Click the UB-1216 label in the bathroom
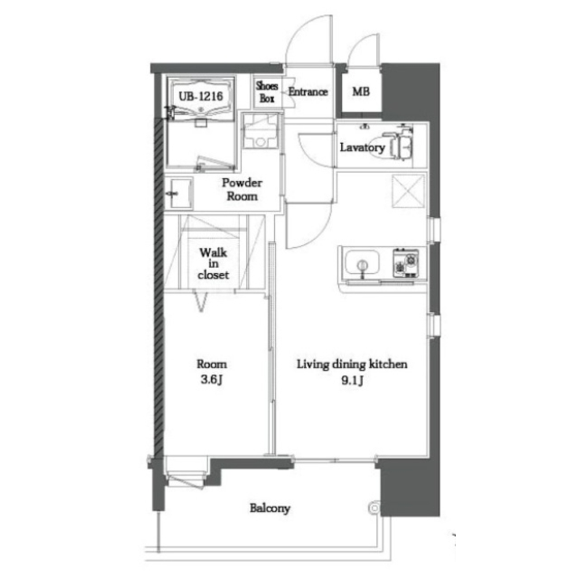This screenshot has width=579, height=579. coord(201,97)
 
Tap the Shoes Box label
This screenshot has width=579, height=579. coord(267,92)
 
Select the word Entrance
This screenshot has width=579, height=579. coord(308,91)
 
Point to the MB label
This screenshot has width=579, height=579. coord(361,91)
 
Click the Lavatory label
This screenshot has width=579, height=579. coord(362,148)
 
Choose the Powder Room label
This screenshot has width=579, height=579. coord(242,189)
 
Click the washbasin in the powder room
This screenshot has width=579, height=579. coord(179,193)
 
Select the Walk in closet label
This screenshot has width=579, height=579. coord(213,263)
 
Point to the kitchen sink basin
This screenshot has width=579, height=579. coord(362,263)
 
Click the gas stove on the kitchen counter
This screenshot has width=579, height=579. coord(406,263)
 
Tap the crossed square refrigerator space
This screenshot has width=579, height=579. coord(408,191)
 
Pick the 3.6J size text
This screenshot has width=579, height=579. coord(212,380)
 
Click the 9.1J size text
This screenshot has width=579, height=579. coord(352,380)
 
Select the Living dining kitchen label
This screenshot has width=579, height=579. coord(352,365)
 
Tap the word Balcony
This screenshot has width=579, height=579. coord(270,508)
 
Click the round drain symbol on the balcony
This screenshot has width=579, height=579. coord(374,508)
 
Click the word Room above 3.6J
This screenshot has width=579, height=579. coord(212,364)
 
